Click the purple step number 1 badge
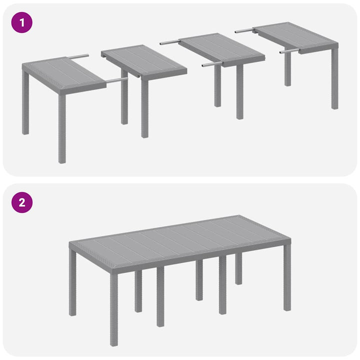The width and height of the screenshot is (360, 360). pos(21,22)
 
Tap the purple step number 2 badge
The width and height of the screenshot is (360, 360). pos(21,202)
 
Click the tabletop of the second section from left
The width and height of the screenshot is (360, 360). pos(144,60)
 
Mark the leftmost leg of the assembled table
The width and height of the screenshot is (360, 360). pos(72,285)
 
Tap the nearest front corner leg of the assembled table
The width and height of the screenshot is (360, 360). pos(114,310)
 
